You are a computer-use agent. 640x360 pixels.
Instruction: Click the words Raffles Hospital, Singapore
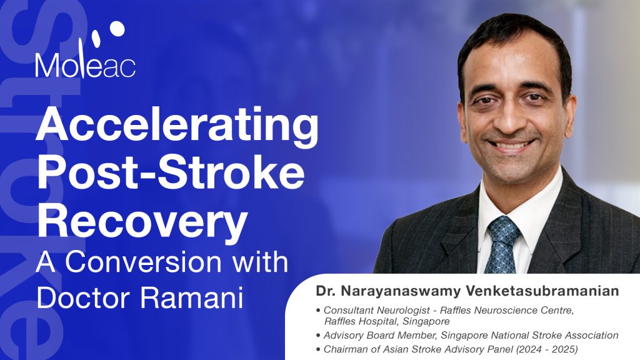tap(387, 321)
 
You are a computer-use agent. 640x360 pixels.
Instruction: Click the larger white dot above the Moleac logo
tap(117, 27)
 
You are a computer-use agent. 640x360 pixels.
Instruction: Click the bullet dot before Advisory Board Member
tap(319, 336)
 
